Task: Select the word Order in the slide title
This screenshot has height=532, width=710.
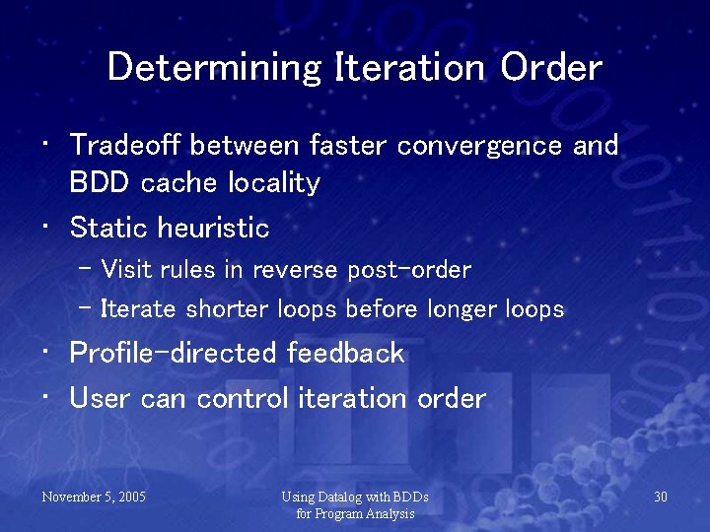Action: pyautogui.click(x=551, y=68)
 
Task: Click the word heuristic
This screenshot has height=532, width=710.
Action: pyautogui.click(x=212, y=229)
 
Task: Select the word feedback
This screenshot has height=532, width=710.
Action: pyautogui.click(x=345, y=353)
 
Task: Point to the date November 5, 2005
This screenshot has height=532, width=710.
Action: pyautogui.click(x=94, y=497)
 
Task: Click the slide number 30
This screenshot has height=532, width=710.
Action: pyautogui.click(x=661, y=497)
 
